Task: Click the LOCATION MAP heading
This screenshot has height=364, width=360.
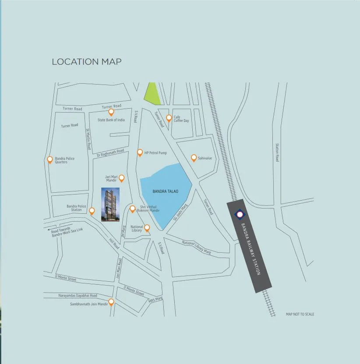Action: click(86, 62)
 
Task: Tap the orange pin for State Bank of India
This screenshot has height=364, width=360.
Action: click(111, 112)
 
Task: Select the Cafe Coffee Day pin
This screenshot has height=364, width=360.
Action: click(169, 118)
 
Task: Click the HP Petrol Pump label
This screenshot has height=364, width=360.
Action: click(155, 153)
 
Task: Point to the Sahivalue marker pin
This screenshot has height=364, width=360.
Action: click(194, 158)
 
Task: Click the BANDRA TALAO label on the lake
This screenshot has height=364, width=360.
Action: click(165, 191)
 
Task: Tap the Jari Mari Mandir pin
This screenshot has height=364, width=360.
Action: click(122, 178)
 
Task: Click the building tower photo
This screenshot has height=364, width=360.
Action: click(110, 205)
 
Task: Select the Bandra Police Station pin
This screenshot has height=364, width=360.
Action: click(92, 211)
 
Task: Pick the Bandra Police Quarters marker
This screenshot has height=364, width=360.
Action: click(50, 159)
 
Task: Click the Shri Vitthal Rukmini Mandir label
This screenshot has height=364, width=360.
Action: click(148, 209)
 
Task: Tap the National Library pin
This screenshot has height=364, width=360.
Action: click(147, 227)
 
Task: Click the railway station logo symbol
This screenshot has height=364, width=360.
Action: click(240, 214)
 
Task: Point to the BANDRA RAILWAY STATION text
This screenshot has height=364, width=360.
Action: click(251, 248)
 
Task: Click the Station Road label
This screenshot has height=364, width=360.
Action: click(277, 152)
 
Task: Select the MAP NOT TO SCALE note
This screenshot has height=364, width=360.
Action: click(300, 314)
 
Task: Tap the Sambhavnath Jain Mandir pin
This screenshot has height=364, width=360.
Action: click(111, 302)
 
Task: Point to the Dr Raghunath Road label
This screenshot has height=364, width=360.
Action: click(110, 153)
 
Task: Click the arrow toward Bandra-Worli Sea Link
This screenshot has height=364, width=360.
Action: click(47, 229)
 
